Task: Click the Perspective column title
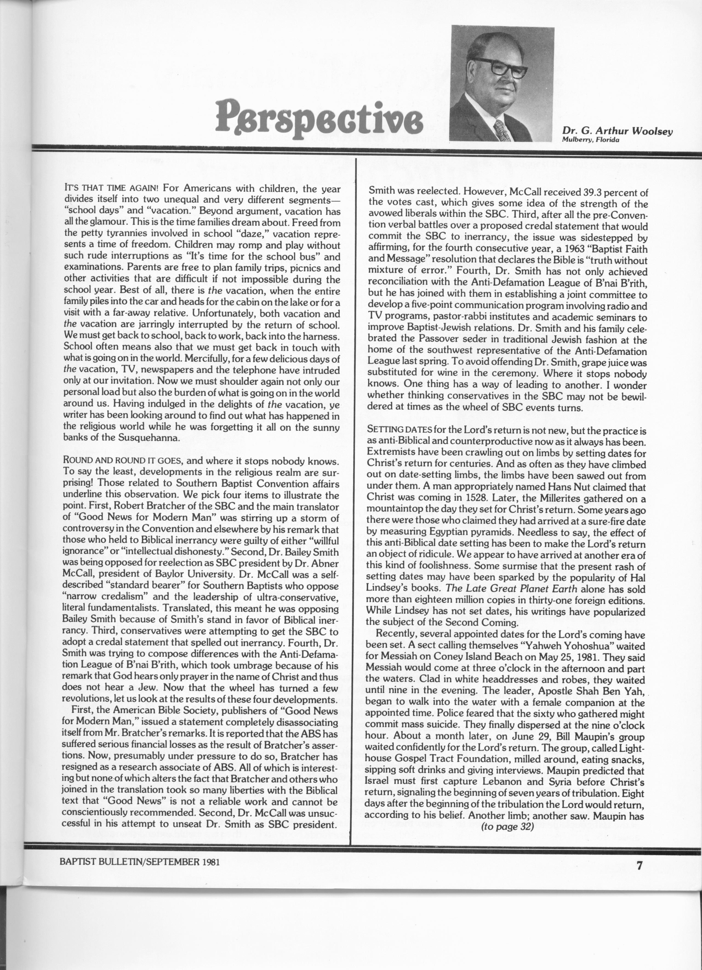click(x=319, y=117)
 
